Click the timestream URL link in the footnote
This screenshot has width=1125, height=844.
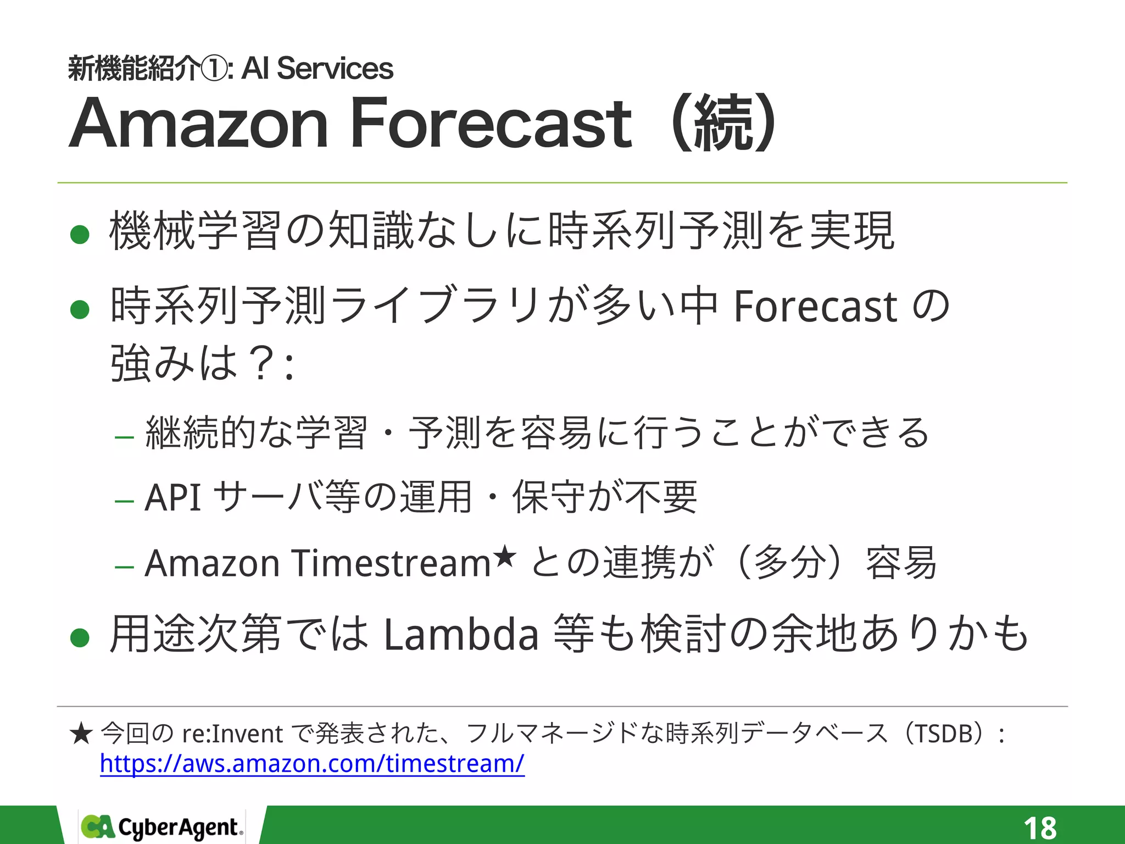[312, 764]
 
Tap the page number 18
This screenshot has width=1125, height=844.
[1039, 827]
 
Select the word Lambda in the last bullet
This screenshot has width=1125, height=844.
[461, 635]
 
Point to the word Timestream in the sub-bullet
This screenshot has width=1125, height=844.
[391, 563]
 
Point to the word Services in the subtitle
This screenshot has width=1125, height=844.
[335, 69]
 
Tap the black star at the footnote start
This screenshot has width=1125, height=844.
[81, 734]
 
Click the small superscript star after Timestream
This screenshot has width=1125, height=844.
[504, 556]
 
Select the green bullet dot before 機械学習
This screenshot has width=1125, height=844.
[80, 235]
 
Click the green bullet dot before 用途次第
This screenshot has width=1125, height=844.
[80, 637]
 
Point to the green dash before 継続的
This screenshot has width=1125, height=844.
[125, 437]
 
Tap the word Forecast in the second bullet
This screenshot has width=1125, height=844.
[815, 307]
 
